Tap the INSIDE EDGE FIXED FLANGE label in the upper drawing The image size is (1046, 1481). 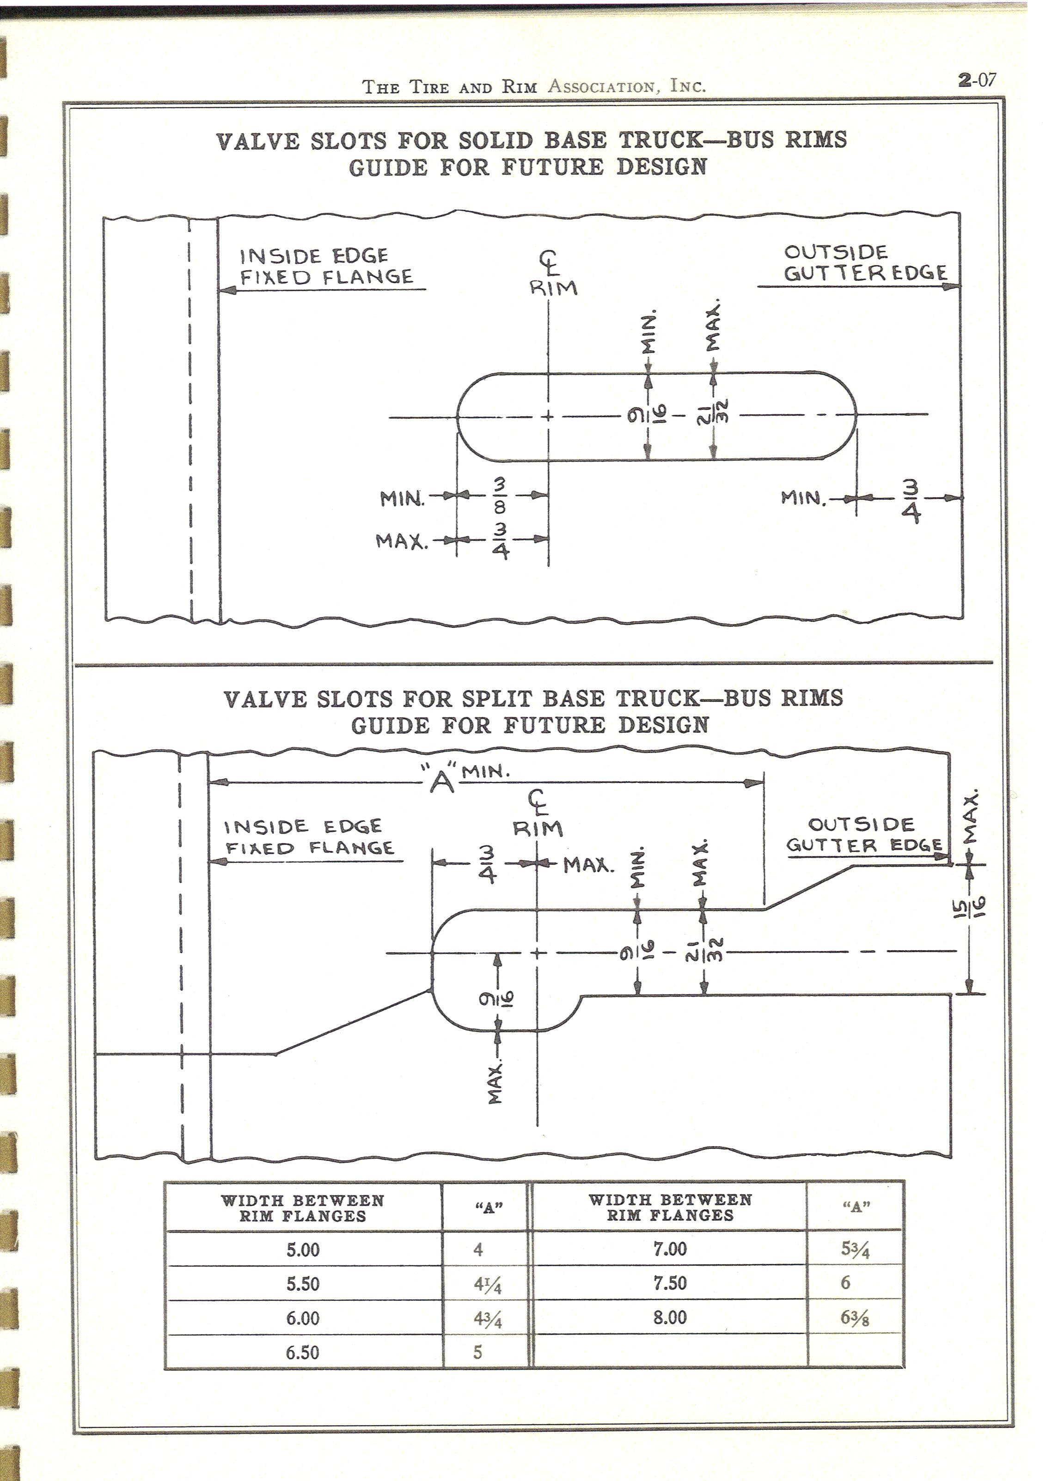pyautogui.click(x=326, y=267)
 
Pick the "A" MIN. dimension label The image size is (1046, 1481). pyautogui.click(x=465, y=778)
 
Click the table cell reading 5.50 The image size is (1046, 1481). pyautogui.click(x=303, y=1284)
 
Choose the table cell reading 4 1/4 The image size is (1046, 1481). pyautogui.click(x=488, y=1284)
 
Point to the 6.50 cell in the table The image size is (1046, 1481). pyautogui.click(x=303, y=1352)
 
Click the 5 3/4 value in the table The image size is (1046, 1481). pyautogui.click(x=856, y=1250)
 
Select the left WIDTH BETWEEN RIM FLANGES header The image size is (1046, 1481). pyautogui.click(x=303, y=1208)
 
